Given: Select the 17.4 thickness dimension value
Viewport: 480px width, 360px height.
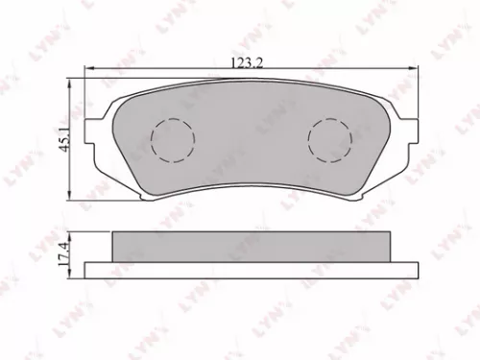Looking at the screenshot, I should click(x=63, y=254).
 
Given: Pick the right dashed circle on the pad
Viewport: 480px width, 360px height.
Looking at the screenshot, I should click(x=328, y=141).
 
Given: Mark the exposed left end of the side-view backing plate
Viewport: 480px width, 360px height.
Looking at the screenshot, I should click(x=97, y=270).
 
